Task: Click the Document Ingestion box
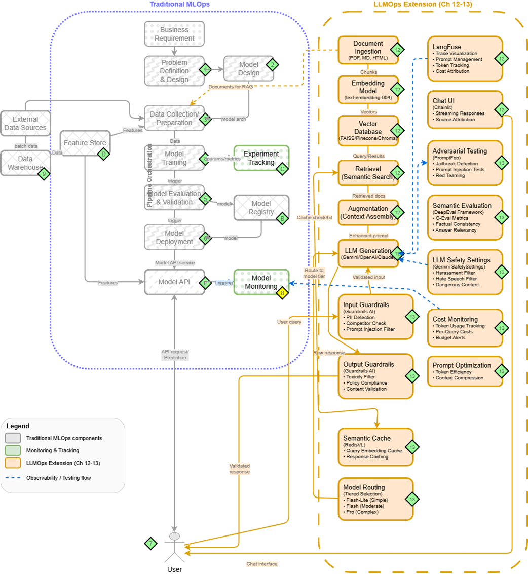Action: [x=368, y=51]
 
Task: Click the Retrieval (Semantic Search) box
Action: [x=368, y=173]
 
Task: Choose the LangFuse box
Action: [x=464, y=58]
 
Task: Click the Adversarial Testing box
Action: [x=464, y=163]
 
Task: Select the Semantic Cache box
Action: [x=375, y=446]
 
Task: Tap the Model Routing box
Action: [x=375, y=499]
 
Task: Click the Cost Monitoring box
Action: [x=464, y=328]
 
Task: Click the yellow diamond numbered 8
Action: [x=282, y=292]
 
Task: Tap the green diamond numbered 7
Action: [x=150, y=543]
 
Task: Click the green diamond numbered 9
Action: [x=44, y=174]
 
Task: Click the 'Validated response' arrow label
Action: [x=239, y=468]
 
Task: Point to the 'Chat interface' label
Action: [x=262, y=564]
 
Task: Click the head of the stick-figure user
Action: [x=174, y=536]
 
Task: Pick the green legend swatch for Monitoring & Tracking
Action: [x=13, y=450]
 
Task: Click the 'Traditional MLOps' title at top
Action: [x=179, y=4]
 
